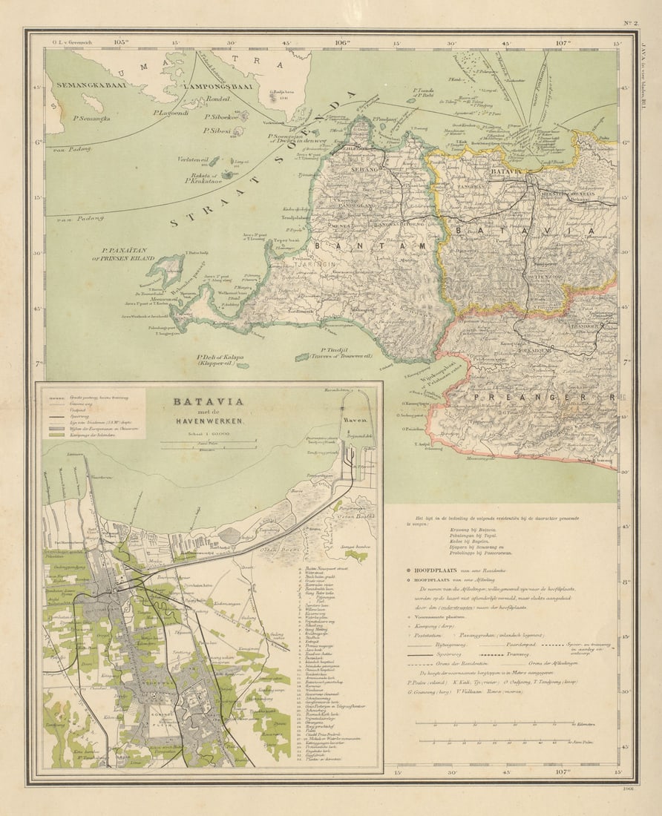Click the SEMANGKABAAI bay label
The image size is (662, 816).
(x=91, y=85)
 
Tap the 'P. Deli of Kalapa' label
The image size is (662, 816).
(x=220, y=360)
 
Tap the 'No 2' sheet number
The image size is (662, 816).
(x=629, y=23)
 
